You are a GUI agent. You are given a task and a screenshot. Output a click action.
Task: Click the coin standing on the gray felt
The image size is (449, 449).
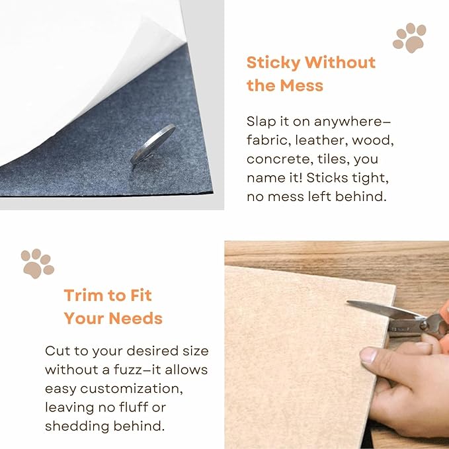[x=153, y=144]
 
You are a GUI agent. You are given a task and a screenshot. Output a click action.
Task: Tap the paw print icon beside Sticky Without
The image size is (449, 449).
[x=409, y=38]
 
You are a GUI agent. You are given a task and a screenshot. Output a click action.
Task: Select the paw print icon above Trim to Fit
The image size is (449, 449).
[x=37, y=263]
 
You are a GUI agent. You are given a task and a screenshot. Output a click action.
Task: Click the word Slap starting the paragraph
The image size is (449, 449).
[x=262, y=122]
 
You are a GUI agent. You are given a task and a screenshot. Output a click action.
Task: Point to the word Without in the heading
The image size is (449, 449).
[x=340, y=63]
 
